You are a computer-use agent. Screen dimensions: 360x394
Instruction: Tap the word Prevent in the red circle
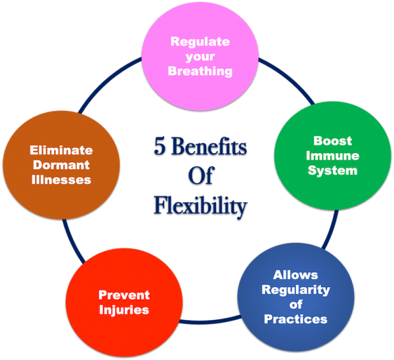pos(124,295)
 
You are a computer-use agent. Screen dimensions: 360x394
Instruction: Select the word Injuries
pos(124,310)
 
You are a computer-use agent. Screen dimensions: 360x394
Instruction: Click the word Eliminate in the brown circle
pos(62,150)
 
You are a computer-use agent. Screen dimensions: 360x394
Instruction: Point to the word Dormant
pos(62,165)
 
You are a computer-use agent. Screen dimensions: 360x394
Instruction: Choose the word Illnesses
pos(62,180)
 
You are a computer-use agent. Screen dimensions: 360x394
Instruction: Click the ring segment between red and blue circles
pos(210,323)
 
